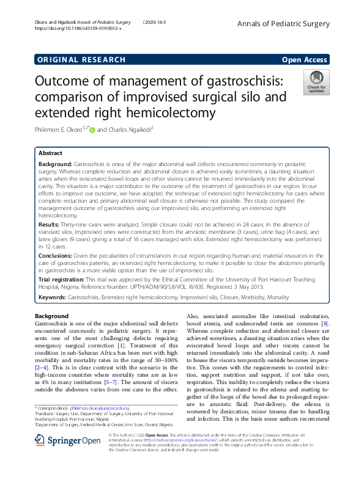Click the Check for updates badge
(x=316, y=82)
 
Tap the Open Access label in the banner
(x=304, y=59)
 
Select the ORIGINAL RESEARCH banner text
(x=81, y=59)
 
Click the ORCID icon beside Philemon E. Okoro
(x=93, y=129)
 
